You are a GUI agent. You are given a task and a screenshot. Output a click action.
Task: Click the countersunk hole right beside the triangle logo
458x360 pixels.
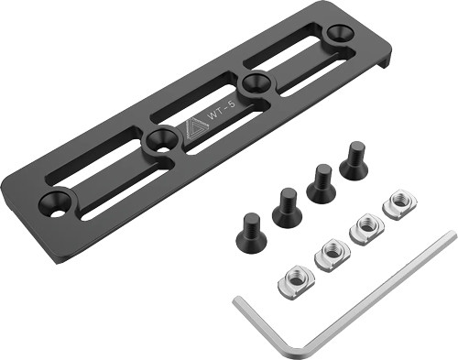[160, 140]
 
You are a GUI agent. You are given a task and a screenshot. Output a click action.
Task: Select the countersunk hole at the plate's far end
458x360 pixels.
[337, 35]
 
